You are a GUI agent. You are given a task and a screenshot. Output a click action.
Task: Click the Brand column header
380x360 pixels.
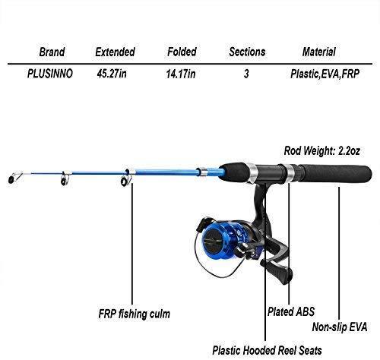pos(52,52)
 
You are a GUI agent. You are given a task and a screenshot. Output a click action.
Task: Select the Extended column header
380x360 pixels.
pos(115,52)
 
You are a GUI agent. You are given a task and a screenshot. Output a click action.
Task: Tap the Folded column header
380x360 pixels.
pos(182,52)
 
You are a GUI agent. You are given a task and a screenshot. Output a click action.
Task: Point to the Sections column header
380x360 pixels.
pos(247,52)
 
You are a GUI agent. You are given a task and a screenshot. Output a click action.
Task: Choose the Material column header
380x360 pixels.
pos(319,52)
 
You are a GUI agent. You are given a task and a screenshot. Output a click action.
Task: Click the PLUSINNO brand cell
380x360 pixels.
pos(50,74)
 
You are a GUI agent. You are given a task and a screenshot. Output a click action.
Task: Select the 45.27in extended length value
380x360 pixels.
pos(112,74)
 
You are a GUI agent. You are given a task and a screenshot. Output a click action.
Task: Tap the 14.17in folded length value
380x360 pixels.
pos(181,74)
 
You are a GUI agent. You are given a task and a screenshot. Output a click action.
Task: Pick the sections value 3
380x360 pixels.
pos(246,74)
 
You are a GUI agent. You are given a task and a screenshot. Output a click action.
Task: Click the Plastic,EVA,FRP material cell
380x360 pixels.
pos(325,74)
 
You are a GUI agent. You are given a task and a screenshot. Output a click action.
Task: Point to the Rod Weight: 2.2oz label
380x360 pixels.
pos(321,151)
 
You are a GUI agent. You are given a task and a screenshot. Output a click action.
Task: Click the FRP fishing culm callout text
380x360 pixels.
pos(135,314)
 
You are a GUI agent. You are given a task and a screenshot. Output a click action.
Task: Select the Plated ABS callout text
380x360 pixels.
pos(291,311)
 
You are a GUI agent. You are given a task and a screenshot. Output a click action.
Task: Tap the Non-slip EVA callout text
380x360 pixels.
pos(340,327)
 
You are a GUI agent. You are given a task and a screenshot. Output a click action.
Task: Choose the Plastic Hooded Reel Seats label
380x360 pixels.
pos(267,351)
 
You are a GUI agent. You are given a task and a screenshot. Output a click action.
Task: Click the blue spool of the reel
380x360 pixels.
pos(215,239)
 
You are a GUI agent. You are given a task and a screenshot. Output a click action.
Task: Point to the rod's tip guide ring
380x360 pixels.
pos(11,179)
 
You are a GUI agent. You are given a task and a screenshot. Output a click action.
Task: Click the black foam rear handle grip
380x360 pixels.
pos(334,174)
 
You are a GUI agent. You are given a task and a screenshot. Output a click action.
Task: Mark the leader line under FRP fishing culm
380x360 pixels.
pos(132,244)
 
